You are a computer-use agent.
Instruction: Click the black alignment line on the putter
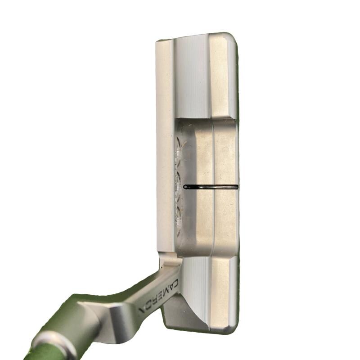tap(211, 187)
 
